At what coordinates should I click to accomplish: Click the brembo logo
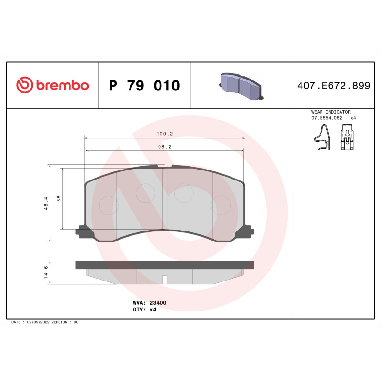tap(52, 85)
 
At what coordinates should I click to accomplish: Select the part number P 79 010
tap(144, 86)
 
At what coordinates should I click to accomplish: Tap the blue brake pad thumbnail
tap(241, 85)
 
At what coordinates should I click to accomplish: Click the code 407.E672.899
tap(333, 86)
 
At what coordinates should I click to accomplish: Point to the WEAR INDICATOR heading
tap(331, 112)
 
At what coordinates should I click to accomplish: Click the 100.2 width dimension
tap(164, 134)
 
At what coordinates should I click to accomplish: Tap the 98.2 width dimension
tap(164, 147)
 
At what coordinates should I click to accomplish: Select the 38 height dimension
tap(59, 199)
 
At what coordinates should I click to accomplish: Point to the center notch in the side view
tap(164, 280)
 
